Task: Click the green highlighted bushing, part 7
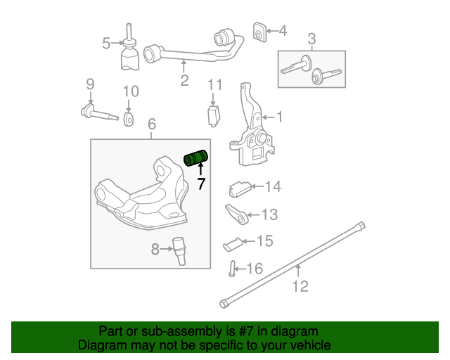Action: [x=195, y=158]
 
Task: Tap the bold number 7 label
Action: [x=201, y=184]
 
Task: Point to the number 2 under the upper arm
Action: [x=184, y=80]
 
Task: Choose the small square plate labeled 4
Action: [x=259, y=32]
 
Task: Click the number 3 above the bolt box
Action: [x=311, y=39]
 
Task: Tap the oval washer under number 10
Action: [x=129, y=120]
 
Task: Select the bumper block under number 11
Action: [x=214, y=116]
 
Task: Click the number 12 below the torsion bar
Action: [x=300, y=286]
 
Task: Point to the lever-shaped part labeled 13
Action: [x=237, y=214]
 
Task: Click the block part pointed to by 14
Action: [x=240, y=189]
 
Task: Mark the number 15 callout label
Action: [x=265, y=240]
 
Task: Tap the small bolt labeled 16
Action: [x=232, y=269]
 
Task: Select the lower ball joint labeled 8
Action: [x=179, y=251]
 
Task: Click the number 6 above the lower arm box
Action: [x=152, y=124]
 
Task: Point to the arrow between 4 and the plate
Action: [x=272, y=30]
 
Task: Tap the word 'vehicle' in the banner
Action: [x=309, y=345]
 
